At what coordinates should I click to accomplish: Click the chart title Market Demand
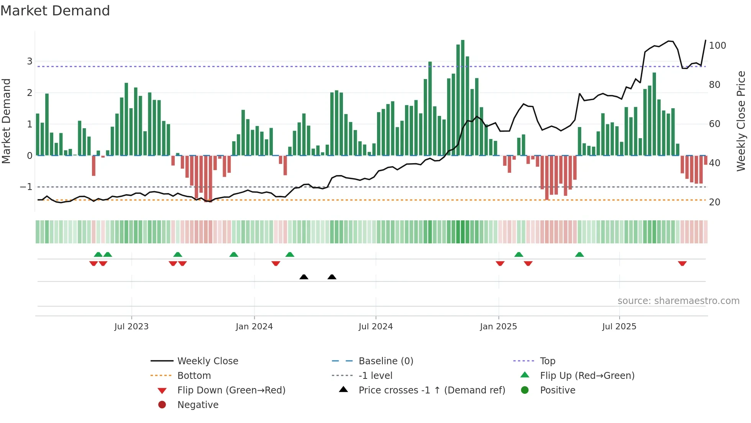tap(55, 11)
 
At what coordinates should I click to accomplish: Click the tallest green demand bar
tap(462, 98)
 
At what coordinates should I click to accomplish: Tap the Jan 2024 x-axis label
tap(254, 327)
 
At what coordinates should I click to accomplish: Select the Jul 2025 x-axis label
tap(619, 327)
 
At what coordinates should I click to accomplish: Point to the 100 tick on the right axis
tap(717, 46)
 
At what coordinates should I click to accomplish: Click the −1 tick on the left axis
tap(26, 187)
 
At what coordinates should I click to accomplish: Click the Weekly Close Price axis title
tap(741, 121)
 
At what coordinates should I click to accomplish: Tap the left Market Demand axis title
tap(6, 121)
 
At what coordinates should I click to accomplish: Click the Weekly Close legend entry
tap(208, 361)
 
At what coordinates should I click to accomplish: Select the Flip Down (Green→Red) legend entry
tap(231, 390)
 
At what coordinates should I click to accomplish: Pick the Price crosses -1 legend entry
tap(432, 390)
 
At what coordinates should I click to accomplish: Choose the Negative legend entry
tap(198, 405)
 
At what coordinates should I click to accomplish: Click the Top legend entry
tap(547, 361)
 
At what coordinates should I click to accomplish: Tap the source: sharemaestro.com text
tap(678, 301)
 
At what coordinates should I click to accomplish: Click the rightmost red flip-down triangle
tap(682, 263)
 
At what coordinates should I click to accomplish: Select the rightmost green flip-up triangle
tap(579, 254)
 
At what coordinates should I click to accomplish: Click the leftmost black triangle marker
tap(304, 277)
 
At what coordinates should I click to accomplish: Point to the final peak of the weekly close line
tap(705, 40)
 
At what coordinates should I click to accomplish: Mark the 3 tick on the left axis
tap(30, 61)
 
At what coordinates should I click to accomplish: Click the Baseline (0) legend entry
tap(385, 361)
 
